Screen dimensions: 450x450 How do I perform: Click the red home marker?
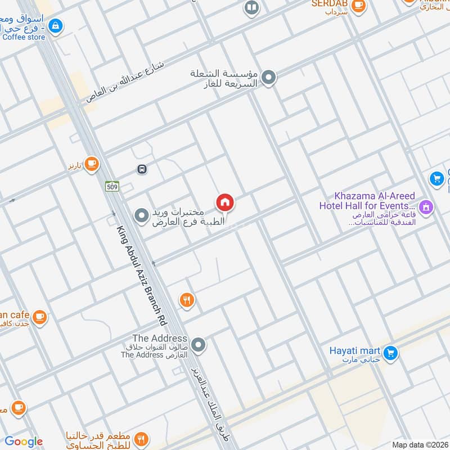225,202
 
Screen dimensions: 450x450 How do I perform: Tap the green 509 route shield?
111,185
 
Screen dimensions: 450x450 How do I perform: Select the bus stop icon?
142,169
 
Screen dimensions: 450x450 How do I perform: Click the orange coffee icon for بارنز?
92,164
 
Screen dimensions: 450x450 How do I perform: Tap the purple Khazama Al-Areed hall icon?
426,207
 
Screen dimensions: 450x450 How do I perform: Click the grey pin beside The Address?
197,344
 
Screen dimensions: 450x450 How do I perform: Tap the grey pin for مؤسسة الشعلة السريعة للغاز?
269,78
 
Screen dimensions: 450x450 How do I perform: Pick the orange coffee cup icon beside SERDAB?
358,5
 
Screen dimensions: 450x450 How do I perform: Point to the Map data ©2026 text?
420,444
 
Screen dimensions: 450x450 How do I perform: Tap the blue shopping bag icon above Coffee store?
55,25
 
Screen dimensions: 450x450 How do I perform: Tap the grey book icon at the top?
251,8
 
